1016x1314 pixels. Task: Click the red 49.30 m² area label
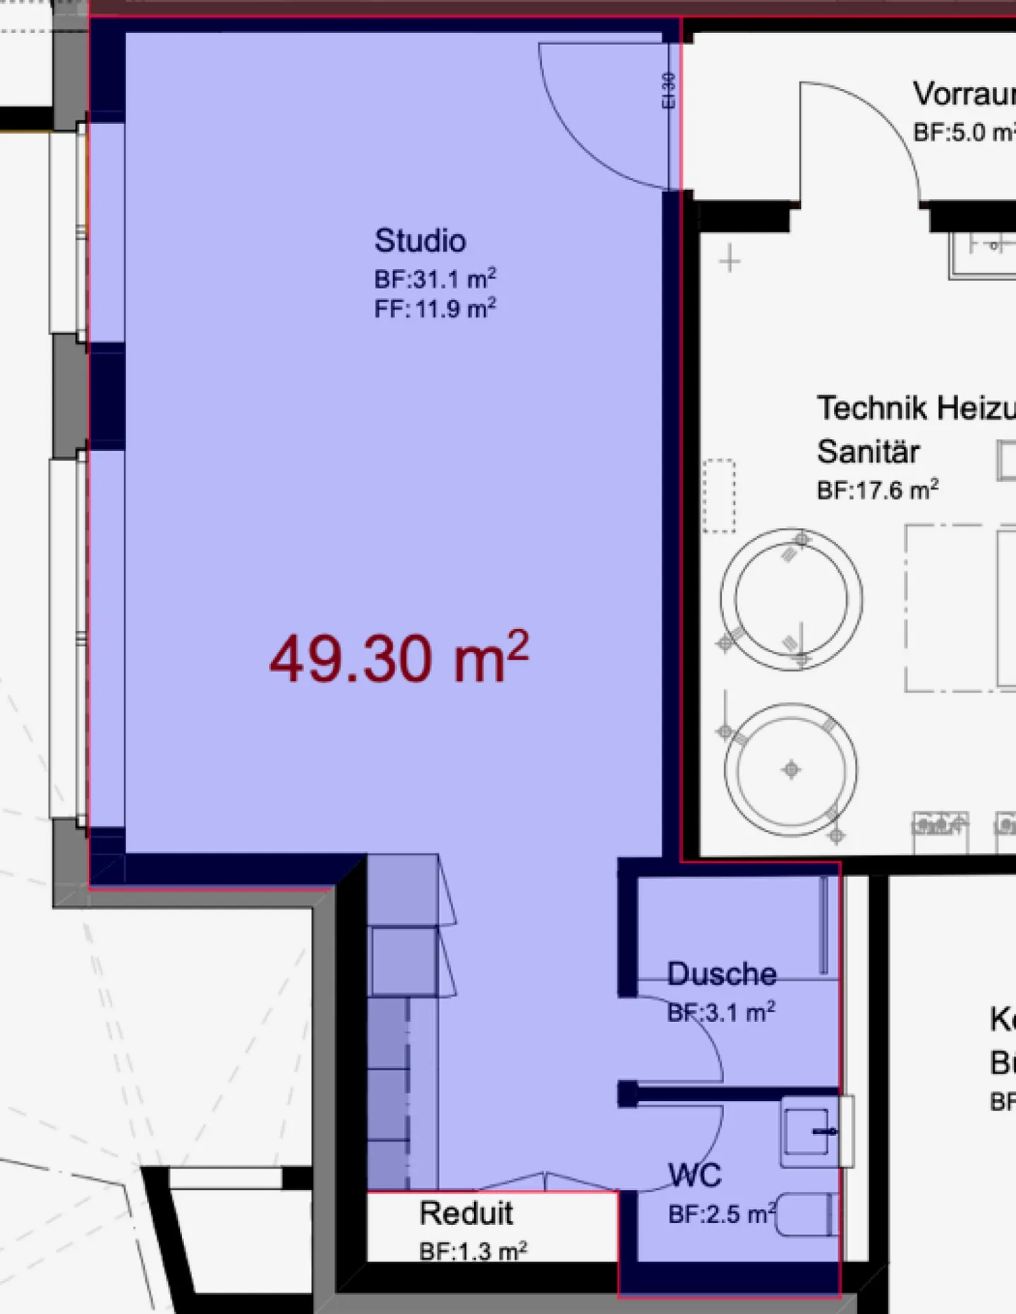(399, 659)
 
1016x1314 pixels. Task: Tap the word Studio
(420, 241)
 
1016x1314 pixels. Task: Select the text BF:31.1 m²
(435, 279)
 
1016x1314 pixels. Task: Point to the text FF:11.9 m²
(435, 309)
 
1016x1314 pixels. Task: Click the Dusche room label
(722, 974)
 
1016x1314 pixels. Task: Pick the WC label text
(695, 1175)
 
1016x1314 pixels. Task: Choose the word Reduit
(466, 1213)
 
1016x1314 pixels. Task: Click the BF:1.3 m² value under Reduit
(473, 1251)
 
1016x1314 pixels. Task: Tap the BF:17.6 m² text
(877, 490)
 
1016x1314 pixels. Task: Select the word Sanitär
(868, 452)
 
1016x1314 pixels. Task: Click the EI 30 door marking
(668, 90)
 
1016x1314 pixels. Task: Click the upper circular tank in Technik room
(791, 599)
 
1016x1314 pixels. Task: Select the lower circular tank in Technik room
(791, 769)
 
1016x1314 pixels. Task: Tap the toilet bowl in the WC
(806, 1214)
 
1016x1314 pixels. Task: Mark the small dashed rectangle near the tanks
(719, 496)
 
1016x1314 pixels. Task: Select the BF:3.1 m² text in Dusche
(721, 1013)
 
